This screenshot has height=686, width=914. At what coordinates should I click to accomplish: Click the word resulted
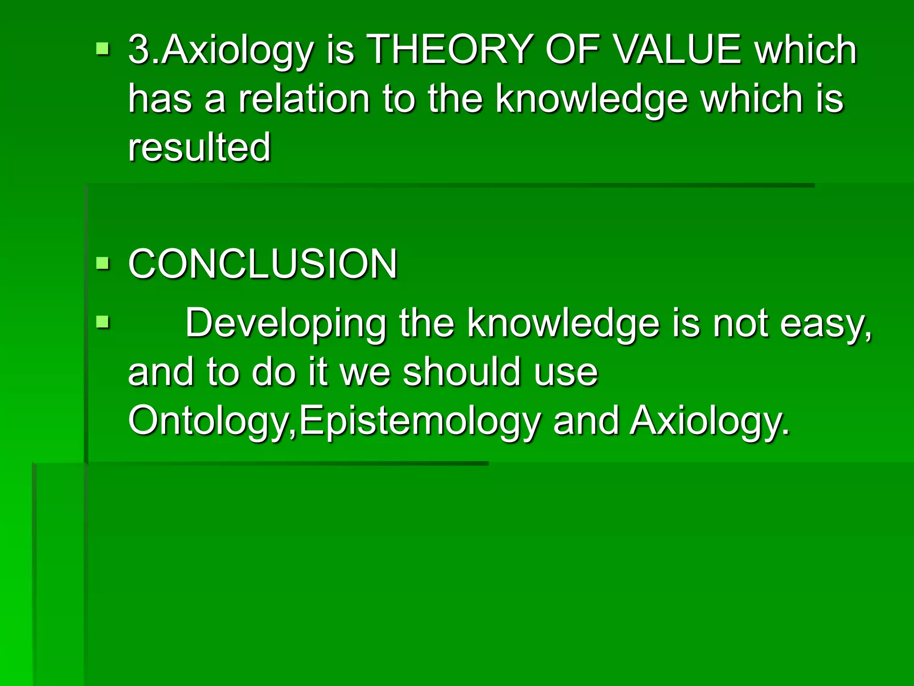click(x=199, y=147)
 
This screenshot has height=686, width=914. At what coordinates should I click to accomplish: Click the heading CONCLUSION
click(x=262, y=264)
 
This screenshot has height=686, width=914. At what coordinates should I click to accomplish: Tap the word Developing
click(x=286, y=324)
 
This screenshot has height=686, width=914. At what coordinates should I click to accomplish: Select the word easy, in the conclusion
click(x=826, y=324)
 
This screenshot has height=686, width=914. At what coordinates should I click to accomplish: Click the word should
click(x=462, y=372)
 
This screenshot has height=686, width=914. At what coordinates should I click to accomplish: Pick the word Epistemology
click(x=420, y=421)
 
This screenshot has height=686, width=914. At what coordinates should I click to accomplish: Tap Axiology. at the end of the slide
click(x=710, y=421)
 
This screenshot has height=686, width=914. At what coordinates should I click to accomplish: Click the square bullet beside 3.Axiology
click(x=103, y=48)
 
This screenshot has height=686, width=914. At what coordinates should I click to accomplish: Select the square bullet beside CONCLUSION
click(x=103, y=263)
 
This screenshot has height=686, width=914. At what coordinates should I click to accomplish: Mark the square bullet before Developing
click(x=103, y=322)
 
